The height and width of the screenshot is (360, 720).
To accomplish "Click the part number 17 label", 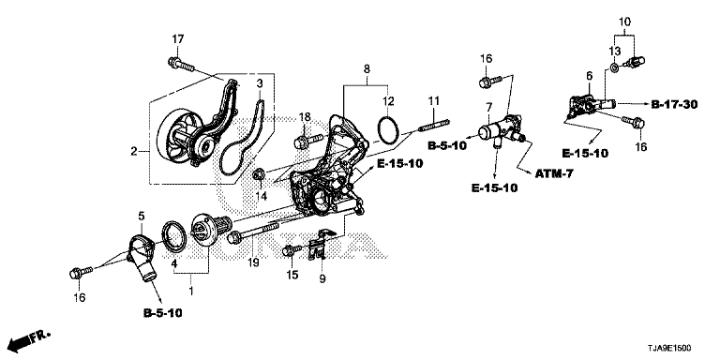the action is pyautogui.click(x=178, y=39).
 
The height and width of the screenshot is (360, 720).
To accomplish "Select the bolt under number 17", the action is pyautogui.click(x=181, y=65).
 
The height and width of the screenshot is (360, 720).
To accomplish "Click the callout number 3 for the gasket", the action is pyautogui.click(x=260, y=84).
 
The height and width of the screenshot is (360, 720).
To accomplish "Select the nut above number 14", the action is pyautogui.click(x=259, y=174).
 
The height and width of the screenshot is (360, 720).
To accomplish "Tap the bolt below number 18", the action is pyautogui.click(x=307, y=141).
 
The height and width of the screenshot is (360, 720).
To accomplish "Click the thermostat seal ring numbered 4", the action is pyautogui.click(x=175, y=237).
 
